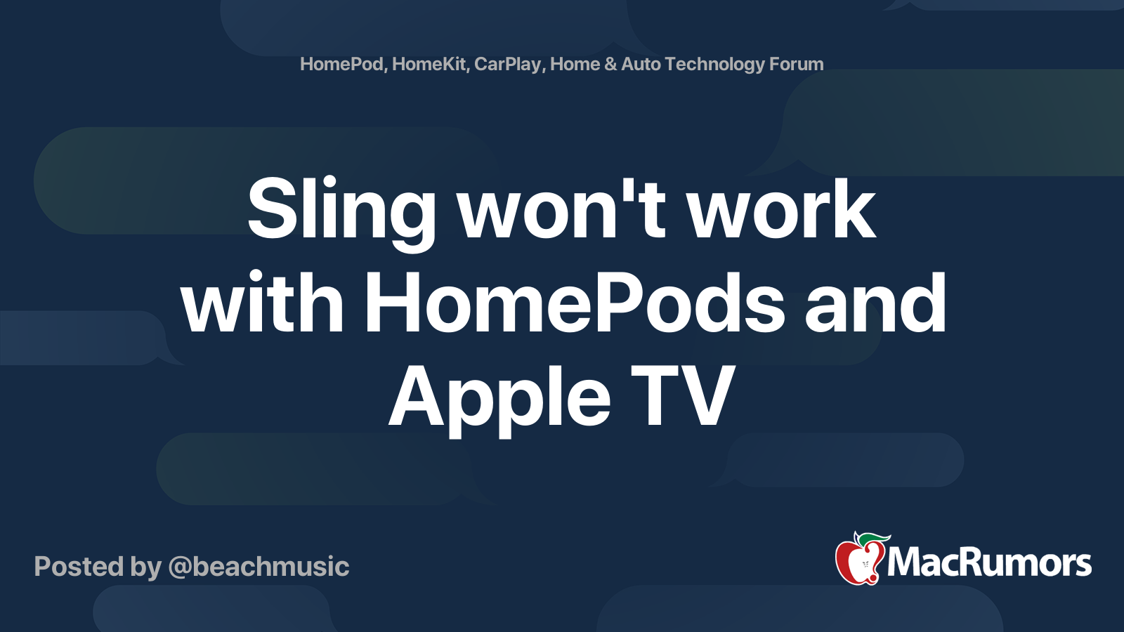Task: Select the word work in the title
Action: point(781,207)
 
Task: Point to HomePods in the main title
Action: point(575,302)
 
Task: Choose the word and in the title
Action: point(875,302)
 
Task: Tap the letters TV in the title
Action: point(683,395)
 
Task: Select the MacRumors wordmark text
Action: point(989,563)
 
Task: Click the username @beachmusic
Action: point(259,567)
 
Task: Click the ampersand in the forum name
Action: point(610,64)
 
